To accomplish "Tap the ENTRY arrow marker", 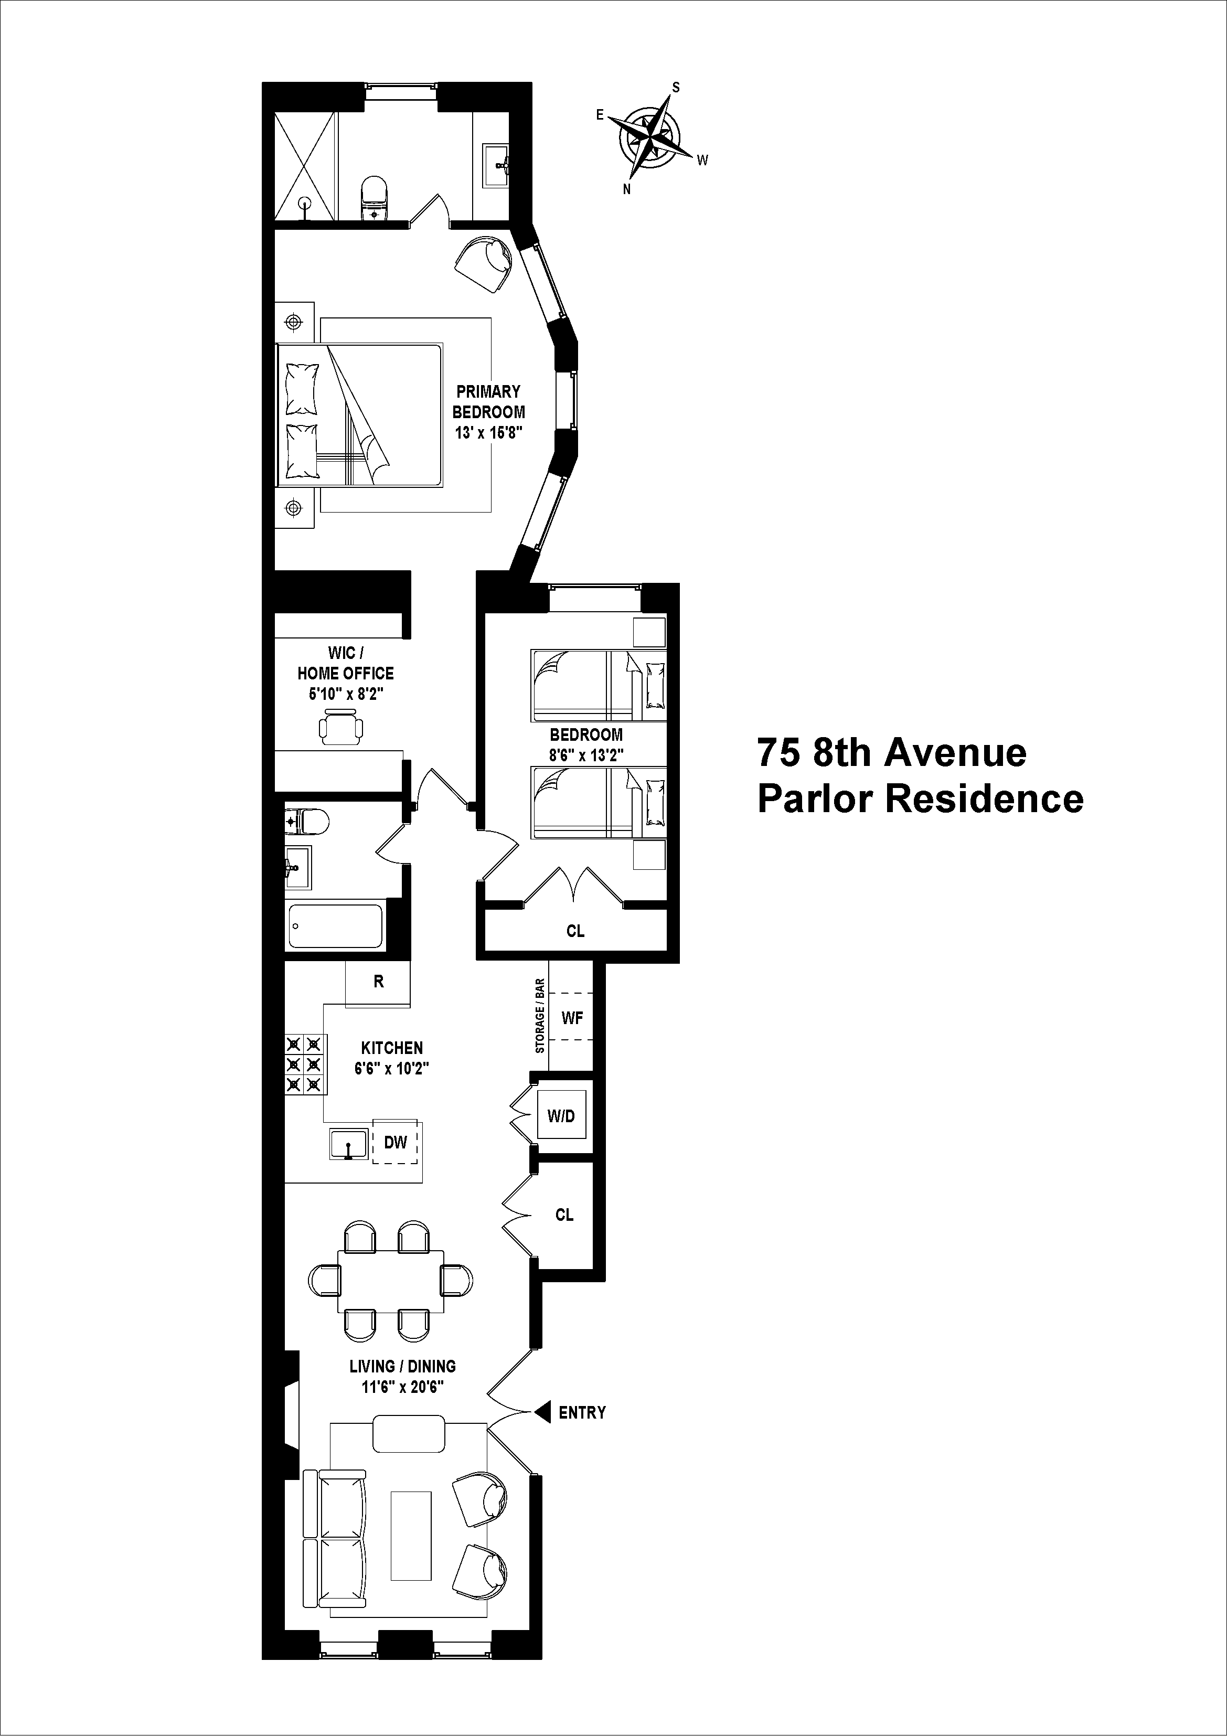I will coord(542,1412).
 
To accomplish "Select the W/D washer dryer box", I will coord(561,1116).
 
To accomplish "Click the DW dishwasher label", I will coord(396,1143).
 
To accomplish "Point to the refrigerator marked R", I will coord(378,982).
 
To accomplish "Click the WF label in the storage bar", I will coord(572,1018).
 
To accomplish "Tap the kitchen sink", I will coord(348,1144).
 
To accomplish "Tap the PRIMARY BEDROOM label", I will coord(488,401).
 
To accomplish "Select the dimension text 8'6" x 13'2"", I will coord(586,754).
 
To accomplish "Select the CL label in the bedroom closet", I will coord(575,931).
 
